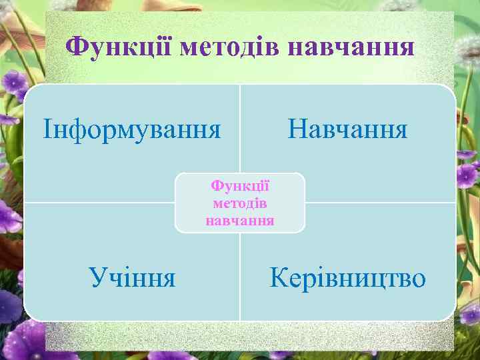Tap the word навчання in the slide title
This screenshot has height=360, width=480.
(x=353, y=47)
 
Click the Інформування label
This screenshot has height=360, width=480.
(x=132, y=128)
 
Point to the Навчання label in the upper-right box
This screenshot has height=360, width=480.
(x=347, y=128)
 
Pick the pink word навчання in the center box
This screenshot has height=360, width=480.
(x=240, y=219)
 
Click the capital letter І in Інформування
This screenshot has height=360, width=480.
(x=47, y=128)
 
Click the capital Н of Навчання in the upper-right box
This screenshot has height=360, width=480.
(x=296, y=128)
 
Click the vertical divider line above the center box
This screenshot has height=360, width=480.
(x=240, y=127)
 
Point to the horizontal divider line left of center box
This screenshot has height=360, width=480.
(x=100, y=203)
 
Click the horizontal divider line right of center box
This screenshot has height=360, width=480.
(x=380, y=203)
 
